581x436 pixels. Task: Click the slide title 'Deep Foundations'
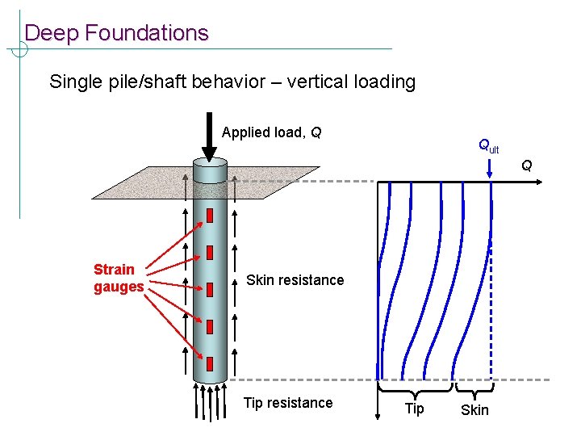(116, 33)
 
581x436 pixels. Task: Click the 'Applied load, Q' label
(272, 132)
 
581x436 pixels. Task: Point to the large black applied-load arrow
(209, 142)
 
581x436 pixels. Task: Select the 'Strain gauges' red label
(118, 278)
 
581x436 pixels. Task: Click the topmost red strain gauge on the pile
(210, 216)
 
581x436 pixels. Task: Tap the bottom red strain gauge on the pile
(210, 363)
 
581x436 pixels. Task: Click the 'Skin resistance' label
(295, 280)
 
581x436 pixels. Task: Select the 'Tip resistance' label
(288, 403)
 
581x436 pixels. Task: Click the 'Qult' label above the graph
(488, 146)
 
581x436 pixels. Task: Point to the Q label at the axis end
(526, 166)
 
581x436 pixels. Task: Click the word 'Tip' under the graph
(414, 409)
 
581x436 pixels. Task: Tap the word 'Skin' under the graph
(474, 410)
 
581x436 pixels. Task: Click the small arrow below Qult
(490, 170)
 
